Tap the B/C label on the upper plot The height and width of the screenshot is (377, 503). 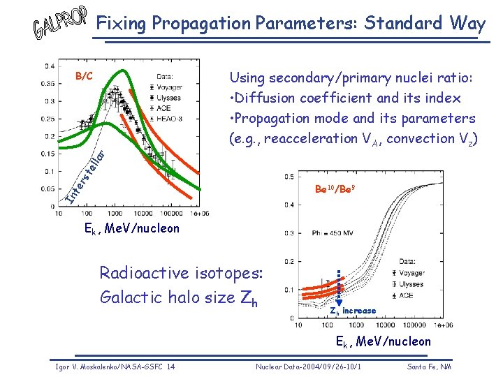pos(84,75)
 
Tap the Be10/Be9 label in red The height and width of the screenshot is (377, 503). pos(336,188)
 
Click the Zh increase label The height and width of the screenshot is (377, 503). pos(353,311)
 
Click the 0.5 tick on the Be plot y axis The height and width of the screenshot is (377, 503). pos(289,177)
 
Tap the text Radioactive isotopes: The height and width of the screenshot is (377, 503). pos(181,272)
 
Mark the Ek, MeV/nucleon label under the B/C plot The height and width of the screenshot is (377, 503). pos(131,228)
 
